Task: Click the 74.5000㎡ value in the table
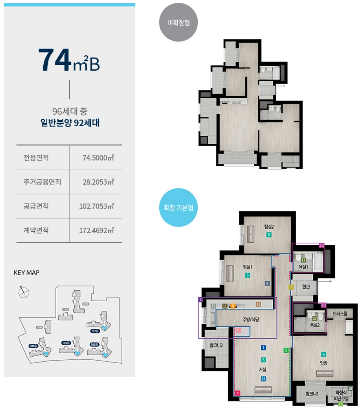pyautogui.click(x=98, y=158)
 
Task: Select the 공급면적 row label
pyautogui.click(x=36, y=206)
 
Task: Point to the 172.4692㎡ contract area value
pyautogui.click(x=97, y=231)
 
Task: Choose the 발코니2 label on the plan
pyautogui.click(x=216, y=346)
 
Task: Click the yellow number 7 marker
pyautogui.click(x=291, y=287)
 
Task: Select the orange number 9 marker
pyautogui.click(x=233, y=306)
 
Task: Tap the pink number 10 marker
pyautogui.click(x=239, y=330)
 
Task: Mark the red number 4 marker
pyautogui.click(x=238, y=393)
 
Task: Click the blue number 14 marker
pyautogui.click(x=263, y=379)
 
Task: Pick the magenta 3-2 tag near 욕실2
pyautogui.click(x=323, y=305)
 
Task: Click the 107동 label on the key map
pyautogui.click(x=94, y=331)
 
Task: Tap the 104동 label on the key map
pyautogui.click(x=34, y=346)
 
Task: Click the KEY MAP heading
pyautogui.click(x=26, y=273)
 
